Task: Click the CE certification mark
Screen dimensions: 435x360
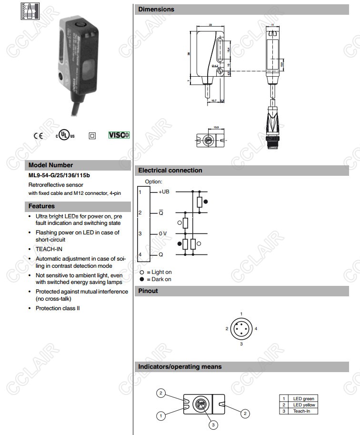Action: (x=38, y=135)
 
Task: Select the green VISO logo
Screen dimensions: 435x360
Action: (x=119, y=135)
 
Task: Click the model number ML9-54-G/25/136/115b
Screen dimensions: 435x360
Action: (x=59, y=175)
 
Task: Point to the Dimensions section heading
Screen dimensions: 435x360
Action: (x=156, y=10)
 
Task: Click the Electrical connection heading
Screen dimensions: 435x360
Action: (x=170, y=171)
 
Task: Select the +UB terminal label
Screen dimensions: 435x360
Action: (x=164, y=192)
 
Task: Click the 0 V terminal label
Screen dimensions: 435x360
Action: (x=163, y=233)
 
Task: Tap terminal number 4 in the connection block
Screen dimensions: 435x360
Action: (x=140, y=255)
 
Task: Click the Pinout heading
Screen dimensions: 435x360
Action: (x=148, y=291)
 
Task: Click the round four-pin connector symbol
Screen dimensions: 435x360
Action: (x=241, y=328)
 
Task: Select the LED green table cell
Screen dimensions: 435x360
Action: (x=304, y=398)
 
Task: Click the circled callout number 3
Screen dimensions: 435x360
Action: (x=214, y=425)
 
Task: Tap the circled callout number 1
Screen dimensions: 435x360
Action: (x=161, y=416)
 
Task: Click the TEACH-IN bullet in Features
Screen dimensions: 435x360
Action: (x=49, y=249)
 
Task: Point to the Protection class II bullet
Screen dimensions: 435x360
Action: (x=58, y=308)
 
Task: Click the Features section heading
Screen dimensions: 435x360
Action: (x=41, y=206)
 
